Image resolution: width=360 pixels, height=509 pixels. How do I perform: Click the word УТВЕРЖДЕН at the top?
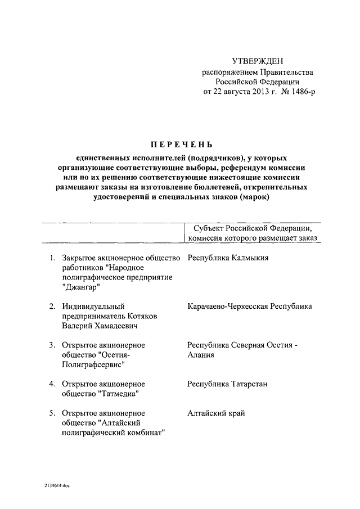(259, 61)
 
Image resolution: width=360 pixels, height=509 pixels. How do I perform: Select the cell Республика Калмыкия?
(228, 258)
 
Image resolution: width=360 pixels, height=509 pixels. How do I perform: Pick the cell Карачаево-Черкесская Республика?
(250, 306)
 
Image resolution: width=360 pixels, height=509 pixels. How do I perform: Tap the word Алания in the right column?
(201, 355)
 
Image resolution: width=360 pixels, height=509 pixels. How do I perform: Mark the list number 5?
(51, 413)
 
